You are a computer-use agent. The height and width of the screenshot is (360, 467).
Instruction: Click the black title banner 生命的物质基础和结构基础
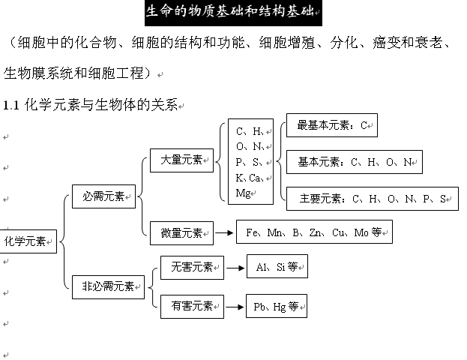233,13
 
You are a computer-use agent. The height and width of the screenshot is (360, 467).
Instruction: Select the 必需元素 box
103,197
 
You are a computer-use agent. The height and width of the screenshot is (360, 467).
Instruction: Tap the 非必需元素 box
108,286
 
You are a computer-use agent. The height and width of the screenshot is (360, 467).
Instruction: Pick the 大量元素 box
181,159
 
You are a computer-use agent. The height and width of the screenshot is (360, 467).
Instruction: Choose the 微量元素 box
181,233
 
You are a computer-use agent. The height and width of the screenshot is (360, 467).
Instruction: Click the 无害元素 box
192,266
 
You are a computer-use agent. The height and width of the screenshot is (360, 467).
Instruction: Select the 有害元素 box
192,306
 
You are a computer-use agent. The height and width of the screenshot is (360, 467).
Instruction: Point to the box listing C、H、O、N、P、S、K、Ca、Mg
250,162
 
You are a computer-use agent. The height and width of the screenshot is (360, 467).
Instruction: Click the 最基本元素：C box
332,125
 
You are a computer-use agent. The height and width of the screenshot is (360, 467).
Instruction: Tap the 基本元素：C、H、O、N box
354,162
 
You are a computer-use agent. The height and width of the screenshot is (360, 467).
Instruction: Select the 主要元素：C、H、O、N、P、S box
373,199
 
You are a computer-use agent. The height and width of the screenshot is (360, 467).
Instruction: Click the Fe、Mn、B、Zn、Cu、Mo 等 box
314,232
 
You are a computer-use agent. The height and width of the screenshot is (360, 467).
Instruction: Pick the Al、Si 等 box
277,266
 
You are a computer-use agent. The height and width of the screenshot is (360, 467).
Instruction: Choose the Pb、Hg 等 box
277,306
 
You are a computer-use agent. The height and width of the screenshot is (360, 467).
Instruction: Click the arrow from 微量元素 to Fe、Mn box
224,233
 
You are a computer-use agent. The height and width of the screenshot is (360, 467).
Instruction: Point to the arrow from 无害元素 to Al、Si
235,266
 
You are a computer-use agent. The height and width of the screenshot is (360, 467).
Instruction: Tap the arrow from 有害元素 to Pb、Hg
235,306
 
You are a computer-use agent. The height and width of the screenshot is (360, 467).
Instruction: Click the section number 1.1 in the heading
11,105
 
